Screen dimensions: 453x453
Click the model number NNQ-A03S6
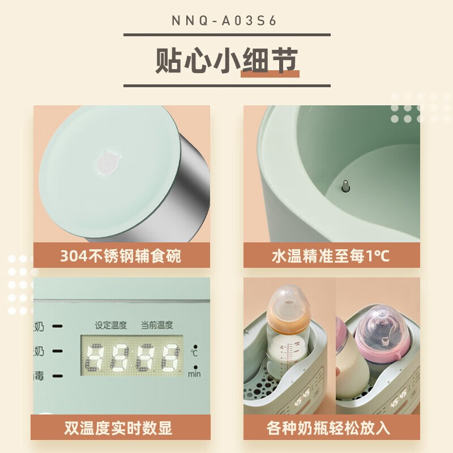pyautogui.click(x=226, y=20)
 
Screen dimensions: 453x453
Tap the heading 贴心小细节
pyautogui.click(x=226, y=61)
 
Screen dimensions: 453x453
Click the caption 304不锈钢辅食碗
pyautogui.click(x=121, y=256)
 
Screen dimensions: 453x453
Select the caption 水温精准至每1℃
pyautogui.click(x=331, y=256)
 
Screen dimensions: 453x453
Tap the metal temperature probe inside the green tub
pyautogui.click(x=345, y=187)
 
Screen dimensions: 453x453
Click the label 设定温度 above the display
pyautogui.click(x=111, y=325)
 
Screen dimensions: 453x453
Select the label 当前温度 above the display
pyautogui.click(x=157, y=325)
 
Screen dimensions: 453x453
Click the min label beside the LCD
pyautogui.click(x=194, y=373)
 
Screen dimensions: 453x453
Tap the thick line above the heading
pyautogui.click(x=226, y=35)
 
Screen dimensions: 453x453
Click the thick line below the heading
pyautogui.click(x=226, y=86)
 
